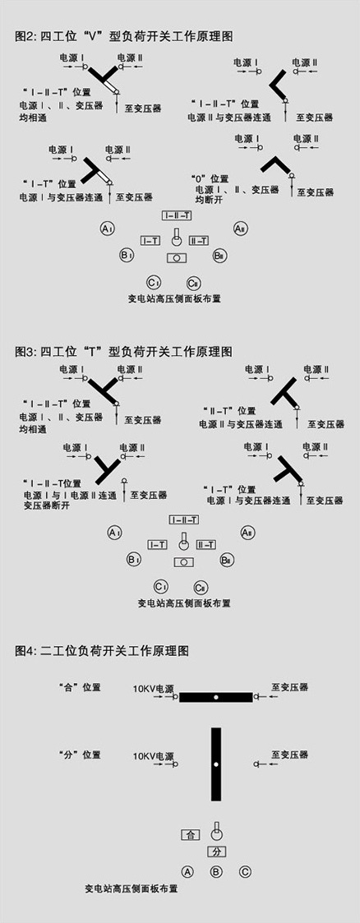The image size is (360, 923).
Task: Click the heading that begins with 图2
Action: [x=124, y=36]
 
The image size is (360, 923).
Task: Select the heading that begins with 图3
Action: [x=124, y=352]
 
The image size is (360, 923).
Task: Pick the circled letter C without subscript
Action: [x=246, y=871]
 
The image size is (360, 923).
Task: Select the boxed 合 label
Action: [x=189, y=835]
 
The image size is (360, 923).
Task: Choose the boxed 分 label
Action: [x=216, y=852]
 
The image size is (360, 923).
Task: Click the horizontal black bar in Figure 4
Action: [x=216, y=697]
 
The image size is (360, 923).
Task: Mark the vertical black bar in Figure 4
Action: [x=216, y=764]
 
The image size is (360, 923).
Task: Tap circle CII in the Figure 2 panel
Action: [x=193, y=283]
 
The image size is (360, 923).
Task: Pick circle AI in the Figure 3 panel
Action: [x=115, y=533]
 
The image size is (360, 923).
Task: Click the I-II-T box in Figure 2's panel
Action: [x=177, y=216]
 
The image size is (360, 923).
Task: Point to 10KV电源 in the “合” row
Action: [x=155, y=688]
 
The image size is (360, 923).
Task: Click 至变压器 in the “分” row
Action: [x=289, y=755]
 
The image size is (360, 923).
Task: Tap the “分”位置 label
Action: [x=80, y=755]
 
